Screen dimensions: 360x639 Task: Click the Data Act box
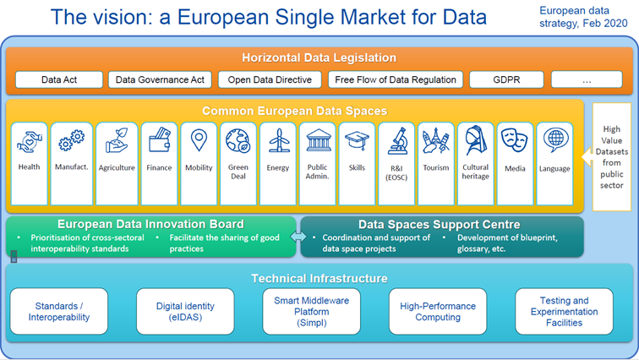(x=58, y=80)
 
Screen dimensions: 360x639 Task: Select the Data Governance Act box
(x=160, y=80)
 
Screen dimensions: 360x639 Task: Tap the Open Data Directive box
(x=270, y=80)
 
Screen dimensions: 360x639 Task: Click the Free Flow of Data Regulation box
(x=396, y=80)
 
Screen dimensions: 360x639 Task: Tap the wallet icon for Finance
(x=158, y=140)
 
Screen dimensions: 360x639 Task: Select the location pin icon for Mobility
(x=199, y=140)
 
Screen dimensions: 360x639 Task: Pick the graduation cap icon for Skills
(x=357, y=140)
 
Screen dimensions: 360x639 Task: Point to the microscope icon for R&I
(x=396, y=140)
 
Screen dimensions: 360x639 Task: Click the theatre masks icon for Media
(x=515, y=140)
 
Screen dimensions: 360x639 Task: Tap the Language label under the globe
(x=554, y=168)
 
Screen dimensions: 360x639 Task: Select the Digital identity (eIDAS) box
(x=185, y=311)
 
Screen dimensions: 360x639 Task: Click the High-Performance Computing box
(x=438, y=311)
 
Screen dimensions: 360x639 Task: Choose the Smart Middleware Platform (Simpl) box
(x=311, y=311)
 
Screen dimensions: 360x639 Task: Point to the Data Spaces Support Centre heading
(x=441, y=224)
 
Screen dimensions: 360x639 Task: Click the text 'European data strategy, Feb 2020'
(x=583, y=17)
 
